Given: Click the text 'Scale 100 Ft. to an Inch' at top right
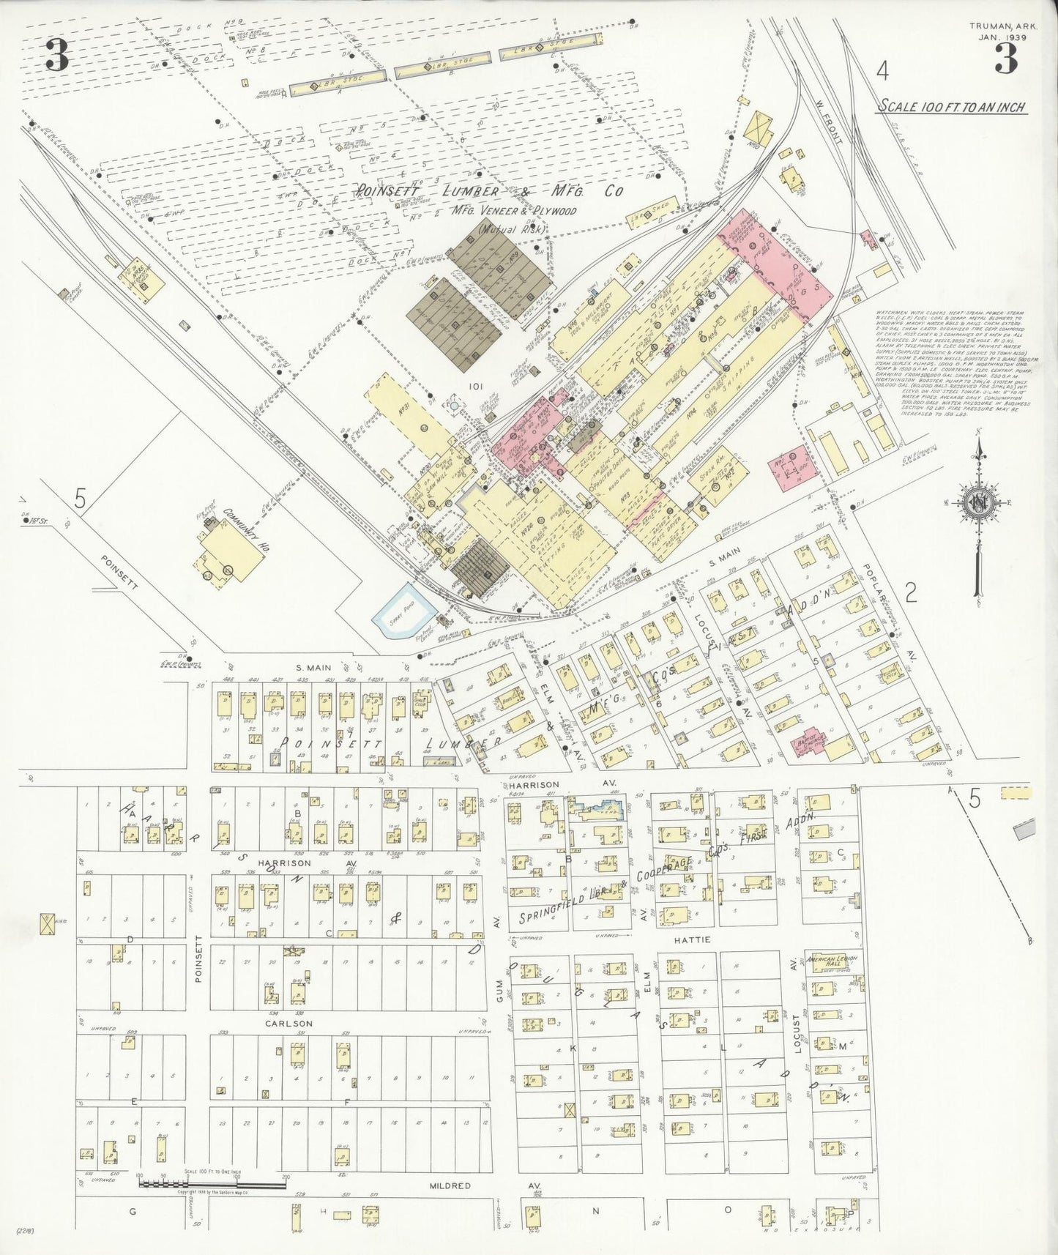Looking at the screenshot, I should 951,107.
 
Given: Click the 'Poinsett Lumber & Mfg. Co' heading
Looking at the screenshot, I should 489,192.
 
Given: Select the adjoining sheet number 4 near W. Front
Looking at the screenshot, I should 883,72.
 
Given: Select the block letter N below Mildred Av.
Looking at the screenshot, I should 595,1210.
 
